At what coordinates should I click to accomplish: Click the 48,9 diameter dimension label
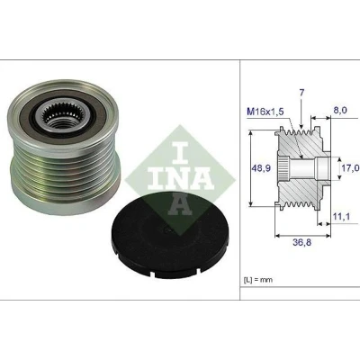(x=261, y=168)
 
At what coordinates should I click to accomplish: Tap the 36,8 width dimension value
(x=301, y=242)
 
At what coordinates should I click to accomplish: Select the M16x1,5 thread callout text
(x=265, y=112)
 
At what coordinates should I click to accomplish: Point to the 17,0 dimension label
(x=350, y=168)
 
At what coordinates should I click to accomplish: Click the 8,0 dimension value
(x=340, y=110)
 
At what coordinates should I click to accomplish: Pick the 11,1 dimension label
(x=341, y=216)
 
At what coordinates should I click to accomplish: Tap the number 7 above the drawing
(x=301, y=93)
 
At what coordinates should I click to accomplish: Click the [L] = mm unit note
(x=257, y=280)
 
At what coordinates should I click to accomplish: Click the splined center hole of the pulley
(x=63, y=117)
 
